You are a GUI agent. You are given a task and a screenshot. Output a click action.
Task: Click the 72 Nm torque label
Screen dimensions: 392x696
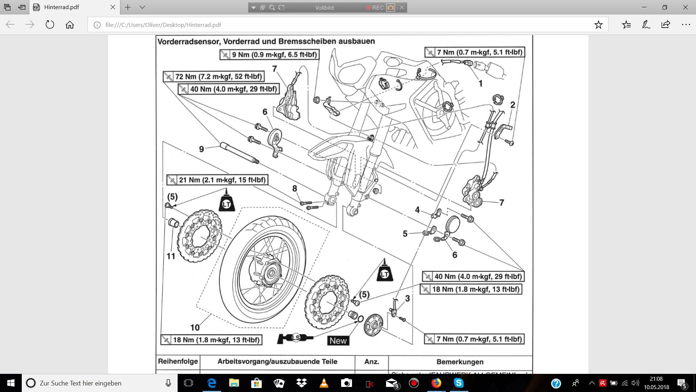(x=214, y=77)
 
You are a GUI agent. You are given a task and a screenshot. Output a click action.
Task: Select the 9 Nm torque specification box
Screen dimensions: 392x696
(x=269, y=55)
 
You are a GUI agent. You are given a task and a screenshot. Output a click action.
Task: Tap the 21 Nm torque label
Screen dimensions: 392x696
(x=217, y=180)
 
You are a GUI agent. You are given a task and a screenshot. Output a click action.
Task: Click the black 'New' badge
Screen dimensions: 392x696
(x=338, y=340)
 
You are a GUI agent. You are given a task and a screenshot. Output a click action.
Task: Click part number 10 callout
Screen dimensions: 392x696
(x=195, y=327)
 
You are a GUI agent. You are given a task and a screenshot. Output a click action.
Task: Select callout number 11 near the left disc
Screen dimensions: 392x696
(x=171, y=256)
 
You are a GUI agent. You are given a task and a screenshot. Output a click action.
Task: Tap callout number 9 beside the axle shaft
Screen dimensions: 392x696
(x=201, y=149)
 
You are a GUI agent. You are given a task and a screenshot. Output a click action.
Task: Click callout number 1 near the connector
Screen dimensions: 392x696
(x=480, y=83)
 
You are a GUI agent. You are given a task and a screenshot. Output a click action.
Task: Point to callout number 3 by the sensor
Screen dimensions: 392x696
(x=407, y=298)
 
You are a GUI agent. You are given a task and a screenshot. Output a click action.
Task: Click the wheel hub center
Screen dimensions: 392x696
(x=271, y=272)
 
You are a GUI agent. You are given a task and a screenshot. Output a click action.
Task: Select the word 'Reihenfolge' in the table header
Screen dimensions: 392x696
(x=178, y=362)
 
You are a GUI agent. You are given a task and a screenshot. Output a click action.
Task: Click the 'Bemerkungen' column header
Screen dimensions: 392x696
(x=460, y=362)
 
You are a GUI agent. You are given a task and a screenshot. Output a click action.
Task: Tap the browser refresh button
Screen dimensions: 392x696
(x=50, y=25)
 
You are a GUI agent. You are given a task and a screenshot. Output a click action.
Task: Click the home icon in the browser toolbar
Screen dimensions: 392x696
(x=70, y=25)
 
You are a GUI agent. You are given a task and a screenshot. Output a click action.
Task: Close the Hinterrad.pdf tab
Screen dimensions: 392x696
(x=113, y=7)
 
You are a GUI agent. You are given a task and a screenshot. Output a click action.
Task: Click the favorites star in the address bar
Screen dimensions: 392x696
(x=598, y=25)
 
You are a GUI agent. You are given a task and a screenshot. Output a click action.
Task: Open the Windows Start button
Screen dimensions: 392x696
(x=11, y=383)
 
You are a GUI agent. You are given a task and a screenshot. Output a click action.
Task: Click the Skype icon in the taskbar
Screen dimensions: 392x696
(x=459, y=383)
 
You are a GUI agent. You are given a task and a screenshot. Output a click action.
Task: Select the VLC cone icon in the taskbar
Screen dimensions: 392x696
(x=324, y=383)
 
